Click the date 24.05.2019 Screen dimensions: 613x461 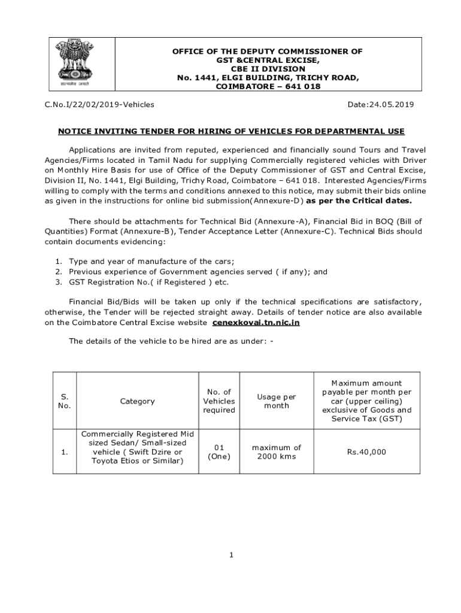(x=381, y=105)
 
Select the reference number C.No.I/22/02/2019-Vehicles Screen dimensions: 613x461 (x=100, y=105)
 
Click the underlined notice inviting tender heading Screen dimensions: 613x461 (x=231, y=131)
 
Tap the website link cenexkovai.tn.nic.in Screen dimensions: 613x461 (x=256, y=323)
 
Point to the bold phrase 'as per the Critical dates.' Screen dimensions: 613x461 (x=359, y=201)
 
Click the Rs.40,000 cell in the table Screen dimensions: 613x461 (x=366, y=452)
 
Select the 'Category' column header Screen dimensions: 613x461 (x=137, y=401)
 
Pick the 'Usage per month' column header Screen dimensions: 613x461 (x=276, y=401)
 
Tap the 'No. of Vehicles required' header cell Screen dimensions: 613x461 (x=219, y=401)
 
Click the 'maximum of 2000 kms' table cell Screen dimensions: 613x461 (x=276, y=452)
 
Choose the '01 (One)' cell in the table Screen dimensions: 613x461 (x=219, y=452)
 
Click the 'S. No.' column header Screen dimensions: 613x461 (x=65, y=401)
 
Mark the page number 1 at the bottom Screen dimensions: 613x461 (x=231, y=555)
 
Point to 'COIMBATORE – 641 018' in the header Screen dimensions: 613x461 (x=268, y=87)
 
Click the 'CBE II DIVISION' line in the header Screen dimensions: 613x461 (x=268, y=69)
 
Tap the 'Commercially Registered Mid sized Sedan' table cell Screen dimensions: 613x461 (x=137, y=447)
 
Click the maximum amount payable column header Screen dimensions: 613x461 (x=366, y=401)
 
